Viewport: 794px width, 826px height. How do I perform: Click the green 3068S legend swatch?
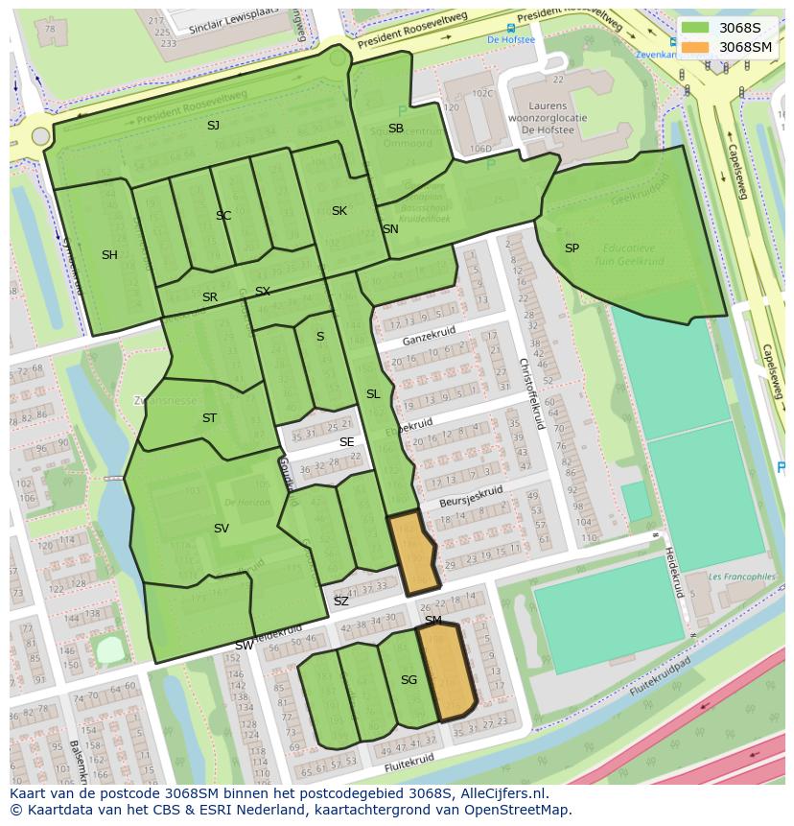point(696,28)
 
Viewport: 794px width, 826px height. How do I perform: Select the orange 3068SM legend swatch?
point(696,47)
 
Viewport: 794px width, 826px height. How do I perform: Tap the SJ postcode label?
point(213,126)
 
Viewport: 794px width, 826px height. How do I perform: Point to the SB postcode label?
point(396,129)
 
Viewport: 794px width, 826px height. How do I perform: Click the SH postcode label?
point(109,255)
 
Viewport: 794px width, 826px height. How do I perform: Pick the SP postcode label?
point(572,248)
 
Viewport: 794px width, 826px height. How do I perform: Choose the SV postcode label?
point(222,529)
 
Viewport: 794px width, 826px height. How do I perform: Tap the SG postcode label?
point(409,680)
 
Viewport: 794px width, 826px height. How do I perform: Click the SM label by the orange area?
point(433,621)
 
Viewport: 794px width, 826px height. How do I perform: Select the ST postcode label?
point(209,418)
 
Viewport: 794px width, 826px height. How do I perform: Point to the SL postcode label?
point(373,394)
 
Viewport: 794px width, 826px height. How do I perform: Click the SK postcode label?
point(339,211)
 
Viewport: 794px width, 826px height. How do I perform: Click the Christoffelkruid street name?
point(531,394)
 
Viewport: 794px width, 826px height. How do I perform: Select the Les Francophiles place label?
point(741,578)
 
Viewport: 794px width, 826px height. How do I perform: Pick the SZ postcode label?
point(341,602)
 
